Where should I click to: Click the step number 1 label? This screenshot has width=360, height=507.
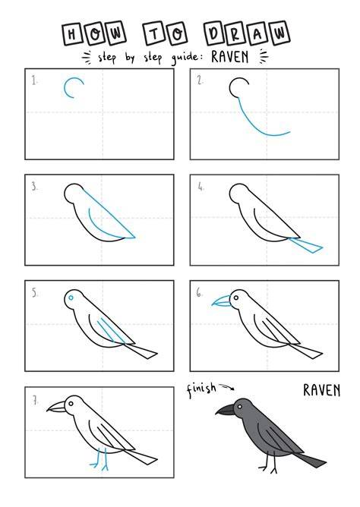click(x=34, y=80)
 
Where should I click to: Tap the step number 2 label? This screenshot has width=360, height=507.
click(x=201, y=80)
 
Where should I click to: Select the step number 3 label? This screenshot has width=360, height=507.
click(x=34, y=186)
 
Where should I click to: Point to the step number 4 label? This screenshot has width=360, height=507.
click(x=201, y=186)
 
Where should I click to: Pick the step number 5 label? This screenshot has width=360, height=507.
click(x=35, y=293)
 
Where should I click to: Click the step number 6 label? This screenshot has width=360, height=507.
click(x=199, y=293)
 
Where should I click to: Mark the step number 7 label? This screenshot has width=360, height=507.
click(x=35, y=401)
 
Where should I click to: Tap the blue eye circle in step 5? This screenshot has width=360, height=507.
click(x=71, y=298)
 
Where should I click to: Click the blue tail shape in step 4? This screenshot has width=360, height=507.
click(x=306, y=245)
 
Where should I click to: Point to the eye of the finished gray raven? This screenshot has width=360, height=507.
click(x=240, y=407)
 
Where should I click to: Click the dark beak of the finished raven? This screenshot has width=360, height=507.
click(x=225, y=409)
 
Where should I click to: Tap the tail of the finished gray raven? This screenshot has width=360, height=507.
click(x=311, y=460)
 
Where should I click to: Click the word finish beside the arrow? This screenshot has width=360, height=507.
click(x=201, y=389)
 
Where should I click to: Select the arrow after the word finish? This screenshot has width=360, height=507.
click(x=227, y=386)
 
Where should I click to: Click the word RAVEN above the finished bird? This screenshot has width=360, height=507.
click(x=321, y=390)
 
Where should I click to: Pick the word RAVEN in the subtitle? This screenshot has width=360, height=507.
click(x=230, y=57)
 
